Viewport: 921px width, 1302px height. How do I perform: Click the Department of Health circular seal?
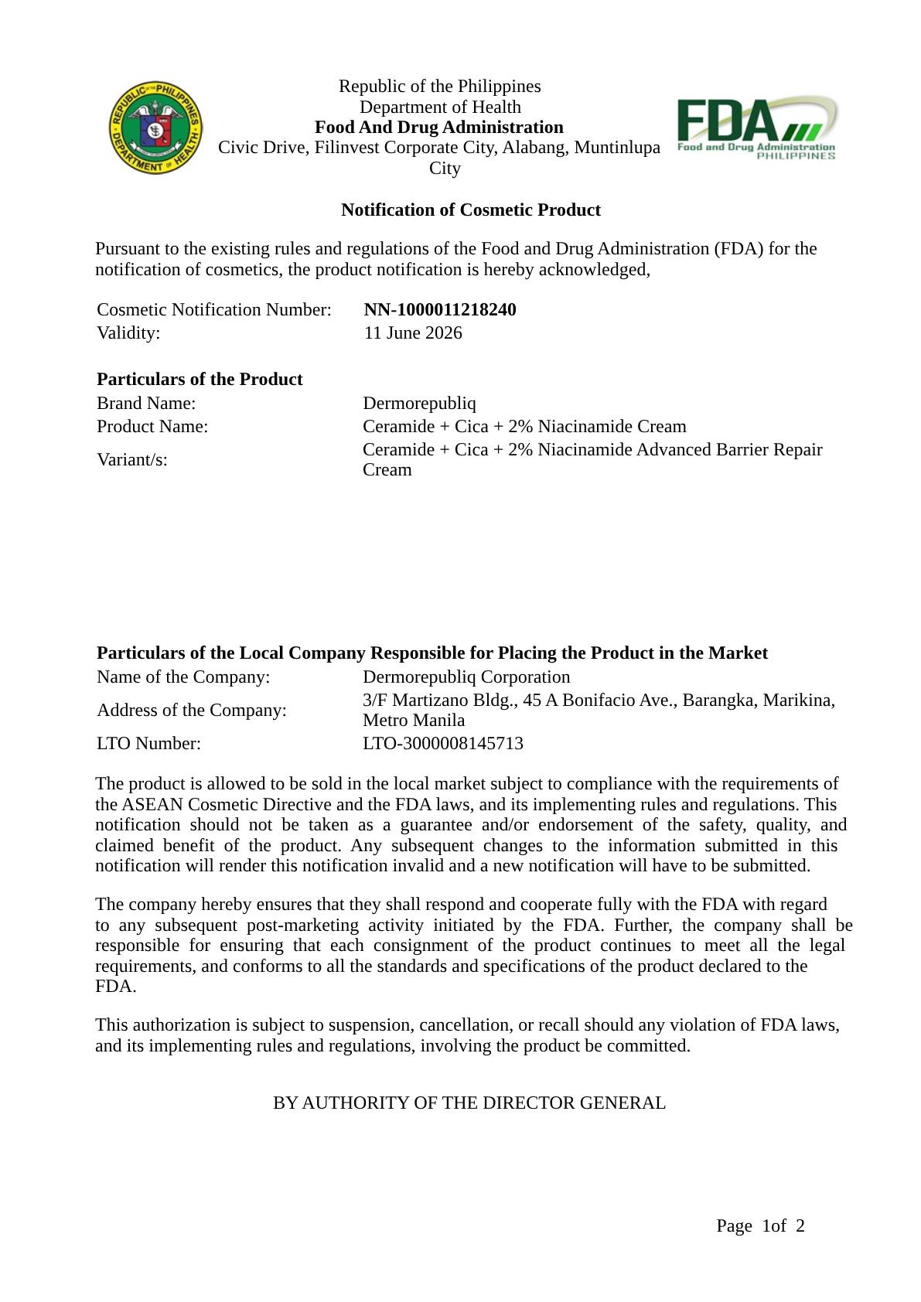[155, 128]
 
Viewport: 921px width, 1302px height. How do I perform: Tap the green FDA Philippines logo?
[756, 128]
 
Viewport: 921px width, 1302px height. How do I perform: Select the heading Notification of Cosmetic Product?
[470, 210]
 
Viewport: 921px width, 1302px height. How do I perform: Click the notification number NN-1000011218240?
[440, 310]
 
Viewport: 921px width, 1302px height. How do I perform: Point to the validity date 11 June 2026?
[413, 333]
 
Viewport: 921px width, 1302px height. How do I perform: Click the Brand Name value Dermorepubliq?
[419, 404]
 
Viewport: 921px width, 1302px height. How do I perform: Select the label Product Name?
[152, 427]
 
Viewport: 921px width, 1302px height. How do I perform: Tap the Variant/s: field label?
[132, 460]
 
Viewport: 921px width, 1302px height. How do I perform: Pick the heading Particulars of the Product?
[200, 380]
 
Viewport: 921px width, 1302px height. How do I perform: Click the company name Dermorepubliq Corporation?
[466, 677]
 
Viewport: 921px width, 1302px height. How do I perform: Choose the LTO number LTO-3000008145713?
[443, 744]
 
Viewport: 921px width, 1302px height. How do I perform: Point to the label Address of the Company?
[192, 711]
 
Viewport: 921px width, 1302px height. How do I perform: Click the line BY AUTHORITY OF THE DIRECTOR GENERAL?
[469, 1103]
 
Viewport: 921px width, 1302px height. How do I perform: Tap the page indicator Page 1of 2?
[760, 1226]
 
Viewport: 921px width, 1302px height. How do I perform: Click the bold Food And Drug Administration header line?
[438, 128]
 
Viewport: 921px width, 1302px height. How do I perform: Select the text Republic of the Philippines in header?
[439, 87]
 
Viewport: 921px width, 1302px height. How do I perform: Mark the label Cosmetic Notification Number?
[214, 310]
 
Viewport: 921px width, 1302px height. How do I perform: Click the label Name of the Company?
[183, 677]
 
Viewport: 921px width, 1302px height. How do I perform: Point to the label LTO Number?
[148, 744]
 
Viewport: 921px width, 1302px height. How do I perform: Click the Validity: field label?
[128, 333]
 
